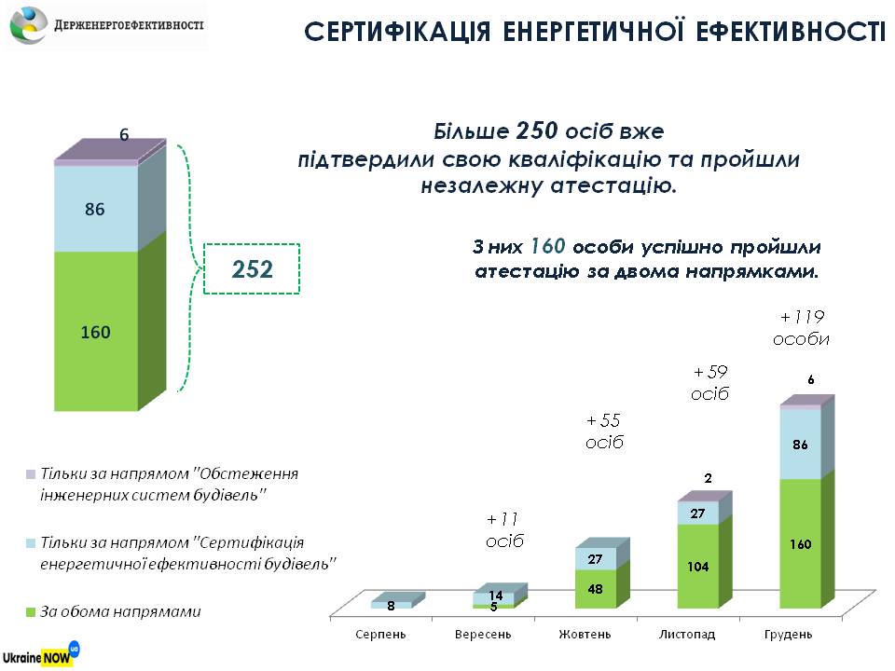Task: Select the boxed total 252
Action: pos(252,269)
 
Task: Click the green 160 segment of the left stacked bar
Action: pos(96,331)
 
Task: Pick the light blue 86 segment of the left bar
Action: pos(95,210)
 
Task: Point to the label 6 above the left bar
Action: pos(124,135)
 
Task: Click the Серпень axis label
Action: pos(379,635)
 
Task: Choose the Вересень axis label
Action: pos(482,635)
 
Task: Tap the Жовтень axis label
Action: pos(585,635)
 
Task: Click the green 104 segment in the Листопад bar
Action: pos(697,566)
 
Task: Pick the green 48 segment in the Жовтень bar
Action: pos(595,589)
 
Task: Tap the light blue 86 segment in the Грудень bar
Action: pos(800,445)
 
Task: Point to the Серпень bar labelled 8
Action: pos(390,605)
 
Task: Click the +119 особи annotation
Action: pos(801,328)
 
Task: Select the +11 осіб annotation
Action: pos(503,530)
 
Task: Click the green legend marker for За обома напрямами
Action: pos(30,612)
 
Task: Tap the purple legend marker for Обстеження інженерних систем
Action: pos(30,473)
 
